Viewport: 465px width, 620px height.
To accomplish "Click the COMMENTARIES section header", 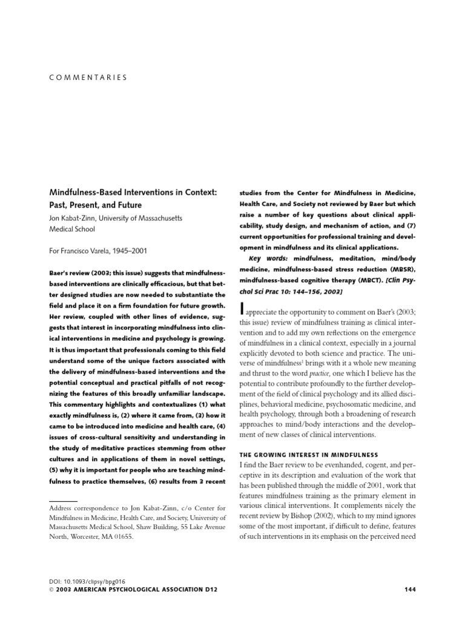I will point(87,77).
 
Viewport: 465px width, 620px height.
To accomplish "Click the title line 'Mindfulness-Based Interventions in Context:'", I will point(134,192).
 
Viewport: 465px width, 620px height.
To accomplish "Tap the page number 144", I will point(409,589).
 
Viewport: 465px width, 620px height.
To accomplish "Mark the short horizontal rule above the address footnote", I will point(59,502).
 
